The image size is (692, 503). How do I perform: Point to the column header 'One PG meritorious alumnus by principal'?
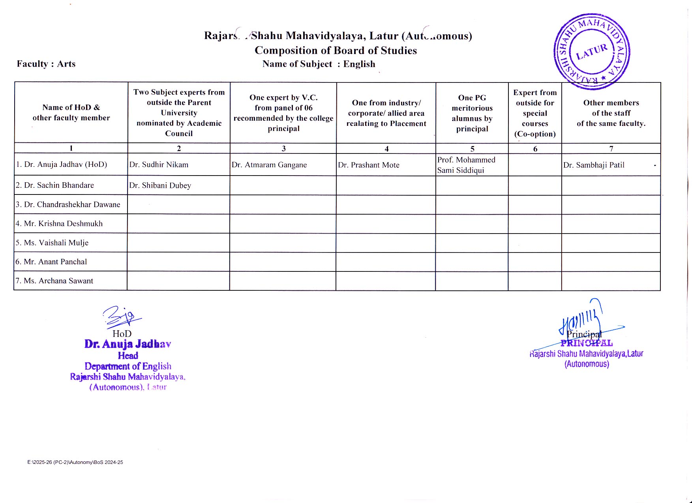[x=472, y=113]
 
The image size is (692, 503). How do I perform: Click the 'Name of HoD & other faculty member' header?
[x=71, y=112]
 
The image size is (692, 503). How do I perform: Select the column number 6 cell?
[x=535, y=149]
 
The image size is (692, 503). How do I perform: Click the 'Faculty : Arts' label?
[x=46, y=64]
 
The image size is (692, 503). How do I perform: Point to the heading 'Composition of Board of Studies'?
[x=336, y=50]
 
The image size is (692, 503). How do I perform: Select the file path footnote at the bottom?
[x=75, y=462]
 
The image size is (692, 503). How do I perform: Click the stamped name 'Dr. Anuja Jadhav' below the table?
[x=128, y=344]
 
